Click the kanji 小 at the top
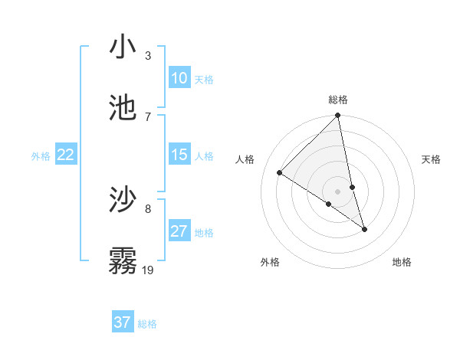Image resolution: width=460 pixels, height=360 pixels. point(123,47)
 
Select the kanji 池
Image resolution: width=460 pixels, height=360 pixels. point(123,108)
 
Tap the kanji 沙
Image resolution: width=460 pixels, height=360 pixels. point(123,200)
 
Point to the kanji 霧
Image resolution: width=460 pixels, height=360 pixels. point(123,260)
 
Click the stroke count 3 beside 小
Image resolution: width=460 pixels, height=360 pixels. point(147,55)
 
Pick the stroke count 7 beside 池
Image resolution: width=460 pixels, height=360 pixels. point(147,116)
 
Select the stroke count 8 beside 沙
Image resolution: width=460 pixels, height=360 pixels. point(147,208)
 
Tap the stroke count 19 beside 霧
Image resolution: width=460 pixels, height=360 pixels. point(149,270)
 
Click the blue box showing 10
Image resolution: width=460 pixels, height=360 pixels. point(179,78)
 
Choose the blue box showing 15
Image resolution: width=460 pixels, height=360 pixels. point(179,155)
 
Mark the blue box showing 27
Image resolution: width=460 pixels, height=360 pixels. point(179,231)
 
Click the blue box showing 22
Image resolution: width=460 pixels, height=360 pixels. point(66,155)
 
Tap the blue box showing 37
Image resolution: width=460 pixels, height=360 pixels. point(123,322)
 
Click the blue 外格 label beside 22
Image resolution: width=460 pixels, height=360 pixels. point(41,156)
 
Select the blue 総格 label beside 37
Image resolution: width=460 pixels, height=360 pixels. point(147,324)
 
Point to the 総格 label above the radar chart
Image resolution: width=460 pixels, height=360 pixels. point(338,100)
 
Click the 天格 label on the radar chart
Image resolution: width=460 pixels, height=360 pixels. point(432,159)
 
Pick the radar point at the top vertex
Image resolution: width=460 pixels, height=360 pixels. point(338,116)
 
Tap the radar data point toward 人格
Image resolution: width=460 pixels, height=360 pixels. point(280,173)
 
